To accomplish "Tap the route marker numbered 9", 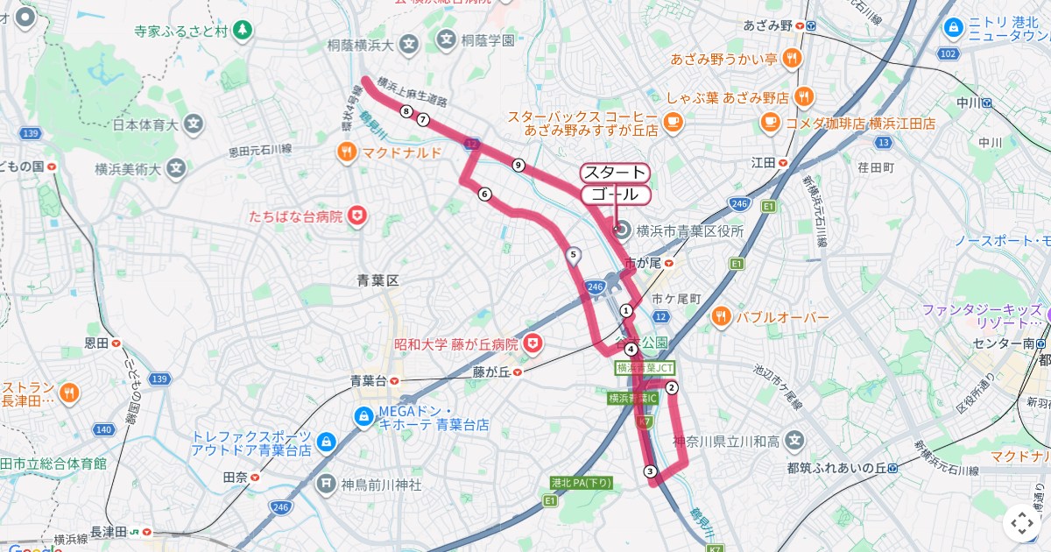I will click(518, 165).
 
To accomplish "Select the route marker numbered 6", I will click(484, 195).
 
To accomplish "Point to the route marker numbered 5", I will click(574, 255).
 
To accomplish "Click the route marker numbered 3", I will click(650, 471).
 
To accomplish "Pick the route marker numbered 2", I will click(672, 387).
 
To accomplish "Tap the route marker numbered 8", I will click(406, 111).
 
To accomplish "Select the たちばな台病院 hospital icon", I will click(356, 216).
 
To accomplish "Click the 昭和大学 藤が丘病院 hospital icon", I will click(533, 343).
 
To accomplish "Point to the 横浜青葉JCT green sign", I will click(645, 368).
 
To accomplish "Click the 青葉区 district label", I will click(378, 280).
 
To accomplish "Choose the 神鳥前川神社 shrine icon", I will click(326, 483).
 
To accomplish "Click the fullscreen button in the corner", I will click(1021, 523).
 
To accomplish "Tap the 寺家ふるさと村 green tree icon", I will click(243, 31).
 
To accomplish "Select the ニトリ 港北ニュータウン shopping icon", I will click(952, 27).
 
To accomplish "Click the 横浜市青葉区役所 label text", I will click(689, 231).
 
